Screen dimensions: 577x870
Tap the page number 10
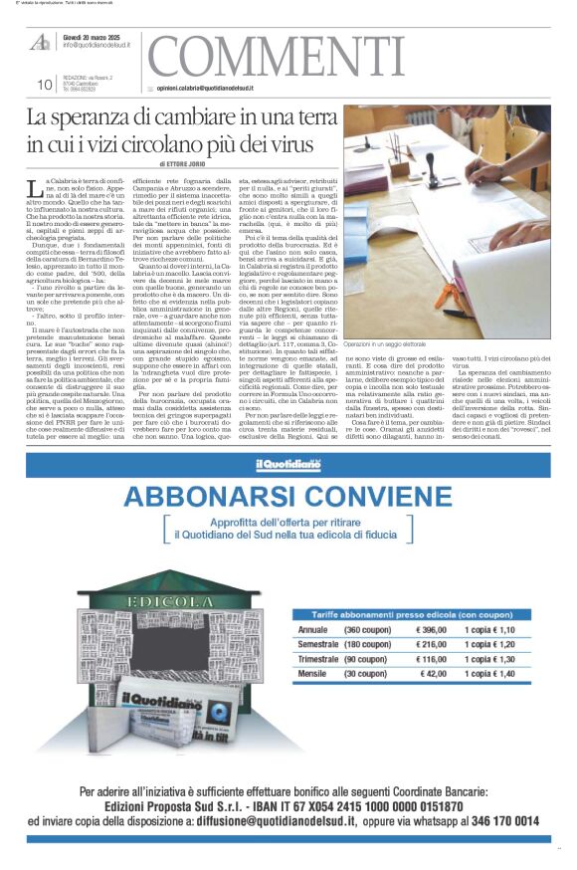pyautogui.click(x=45, y=85)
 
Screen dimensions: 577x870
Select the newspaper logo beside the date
pyautogui.click(x=40, y=42)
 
